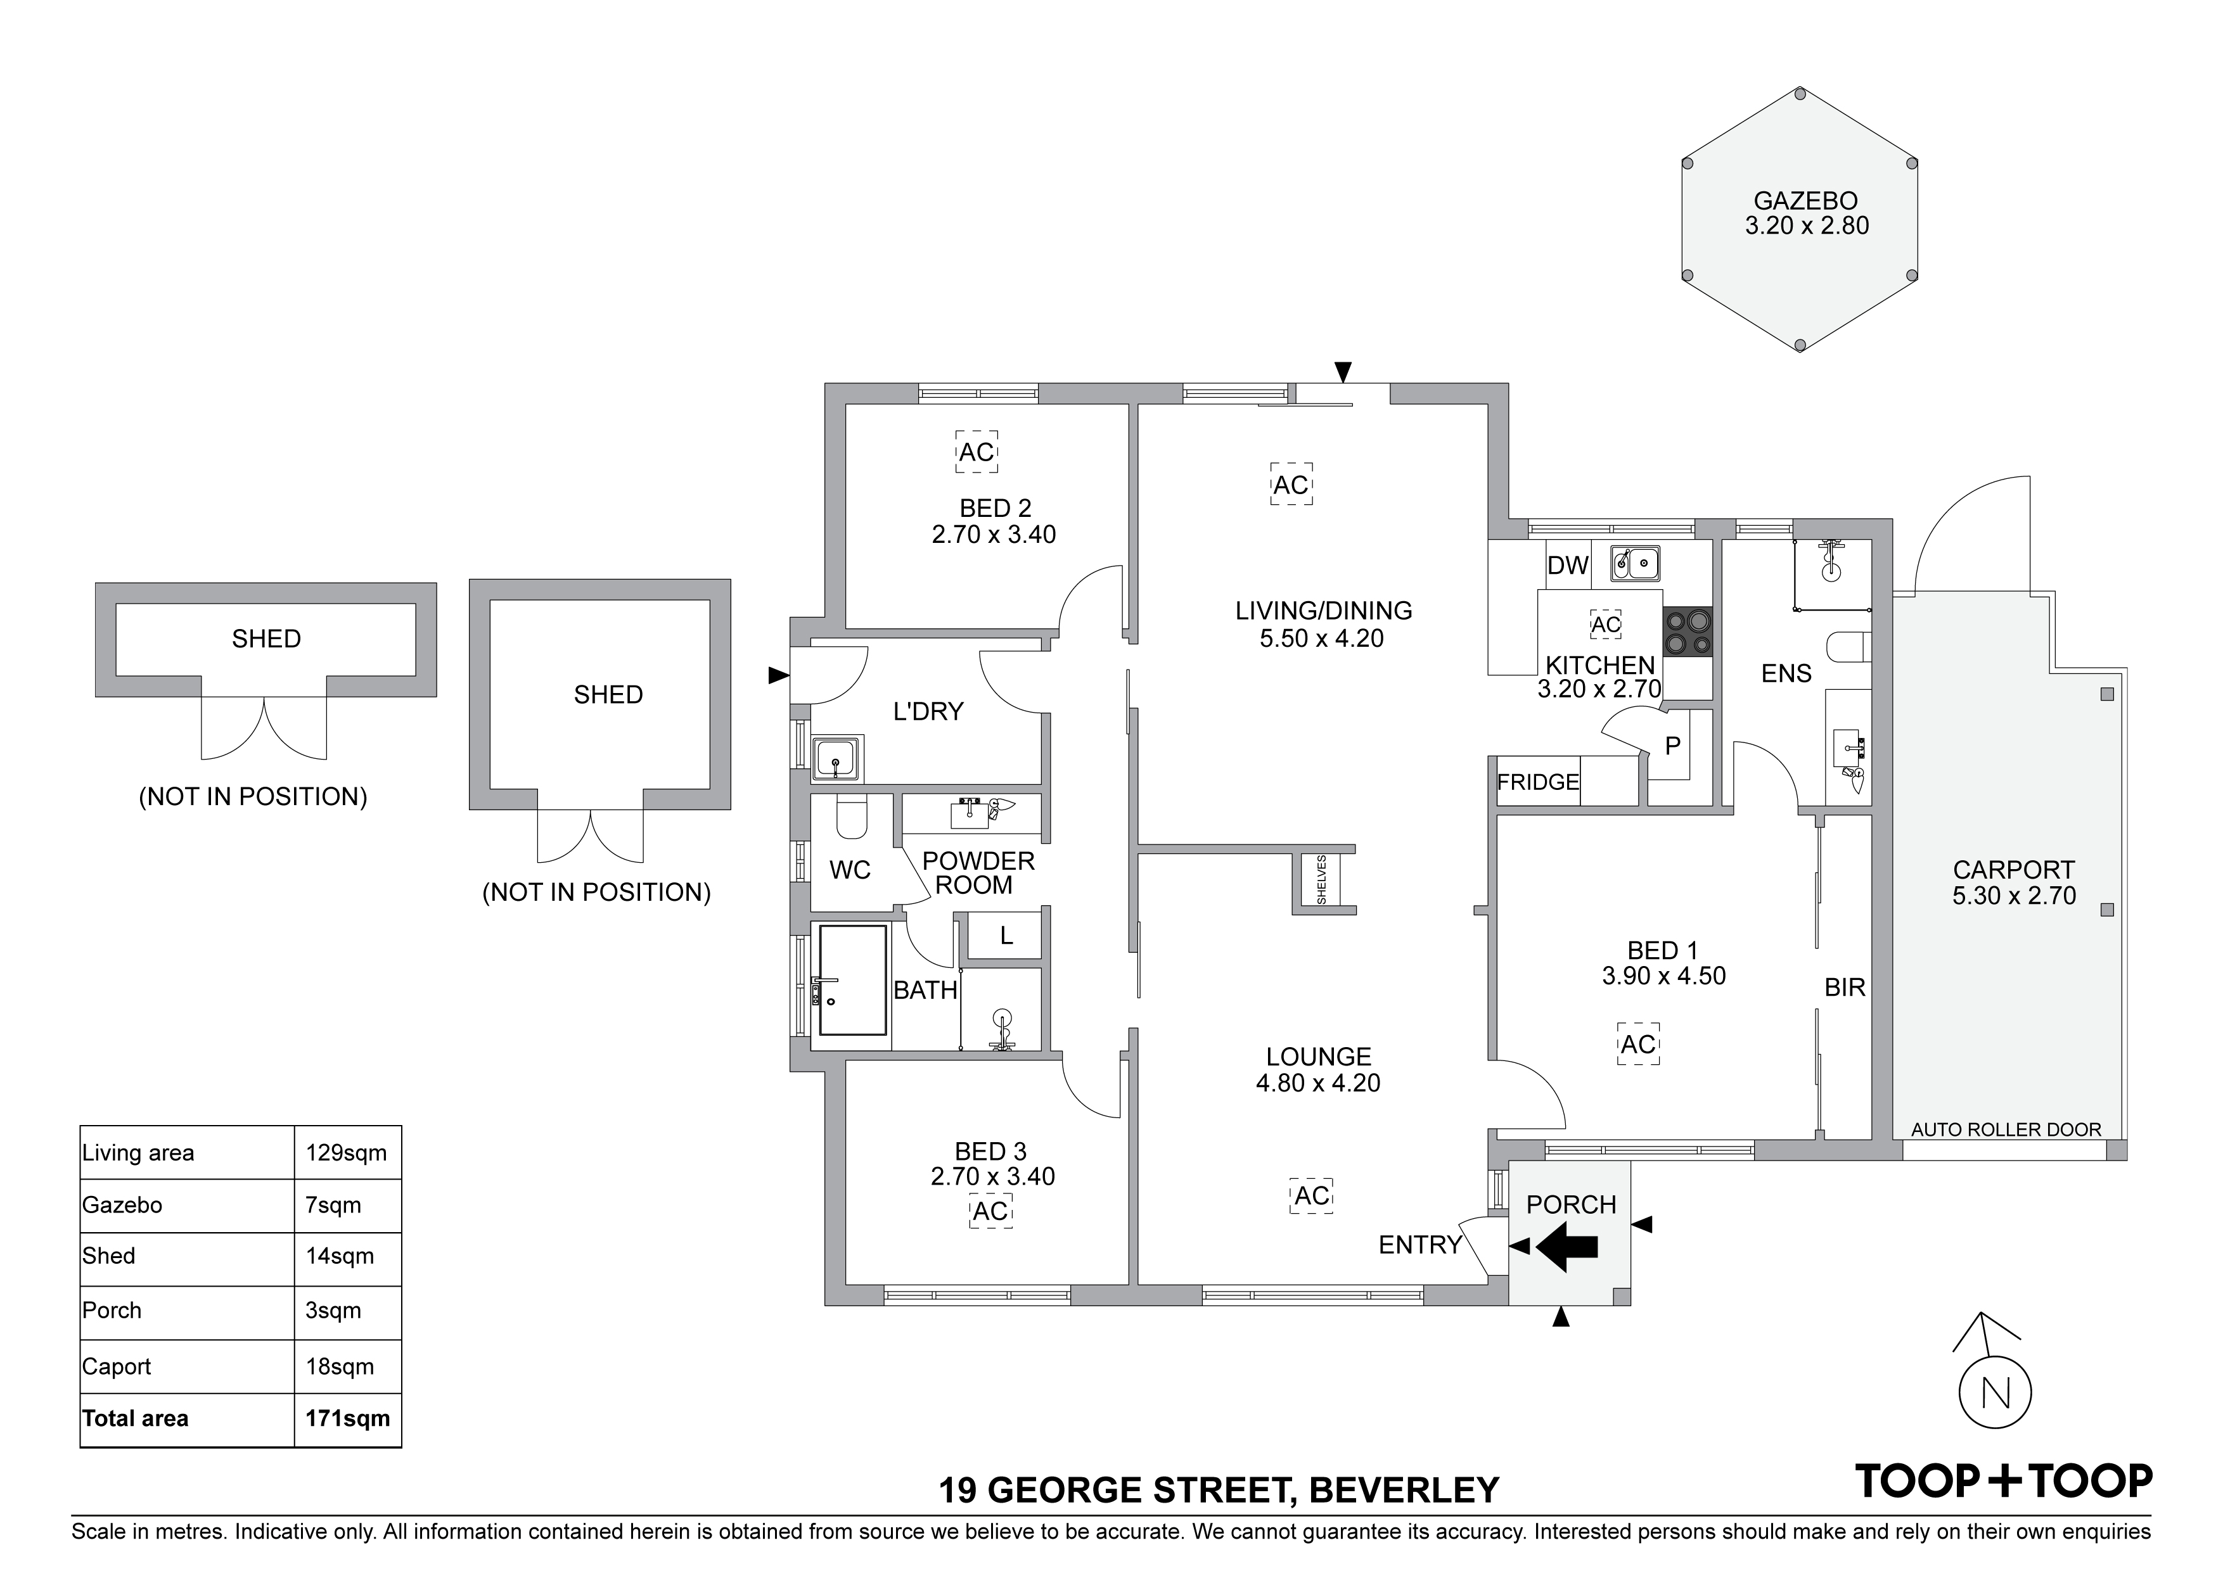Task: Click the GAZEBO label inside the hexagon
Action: (1805, 201)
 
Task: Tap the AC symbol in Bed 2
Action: (976, 452)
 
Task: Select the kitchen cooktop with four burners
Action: (1688, 632)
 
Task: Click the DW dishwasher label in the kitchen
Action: (1568, 566)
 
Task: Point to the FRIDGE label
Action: (1537, 782)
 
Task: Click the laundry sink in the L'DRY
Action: (836, 758)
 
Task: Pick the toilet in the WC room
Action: (852, 819)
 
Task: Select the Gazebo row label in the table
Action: (122, 1205)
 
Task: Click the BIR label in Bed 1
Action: (1845, 988)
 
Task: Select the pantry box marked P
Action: (1672, 746)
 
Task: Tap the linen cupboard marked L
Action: (1006, 936)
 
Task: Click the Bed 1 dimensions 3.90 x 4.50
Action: (1663, 977)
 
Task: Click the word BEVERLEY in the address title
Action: (1404, 1491)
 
